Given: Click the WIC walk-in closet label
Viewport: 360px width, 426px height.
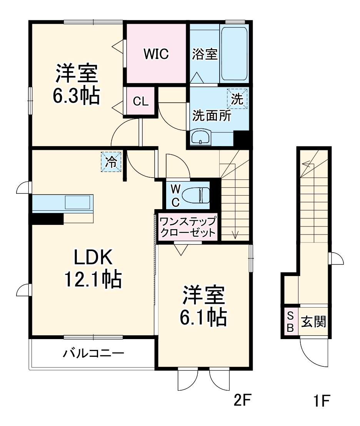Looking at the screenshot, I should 156,54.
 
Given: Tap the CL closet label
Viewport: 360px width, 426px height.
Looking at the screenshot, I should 140,102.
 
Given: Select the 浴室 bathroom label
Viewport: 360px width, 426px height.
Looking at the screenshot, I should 205,54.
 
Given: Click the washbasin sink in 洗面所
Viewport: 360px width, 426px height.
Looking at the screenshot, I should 201,138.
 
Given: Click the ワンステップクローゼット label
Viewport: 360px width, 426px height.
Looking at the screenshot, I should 188,227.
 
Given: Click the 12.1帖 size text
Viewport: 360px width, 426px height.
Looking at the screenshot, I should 93,280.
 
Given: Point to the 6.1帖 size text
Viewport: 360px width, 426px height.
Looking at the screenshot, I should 203,317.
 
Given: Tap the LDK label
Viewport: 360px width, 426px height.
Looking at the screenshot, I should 93,258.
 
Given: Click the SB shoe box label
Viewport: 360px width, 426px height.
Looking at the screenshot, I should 290,322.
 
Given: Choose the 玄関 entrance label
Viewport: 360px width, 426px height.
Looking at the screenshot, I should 313,321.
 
